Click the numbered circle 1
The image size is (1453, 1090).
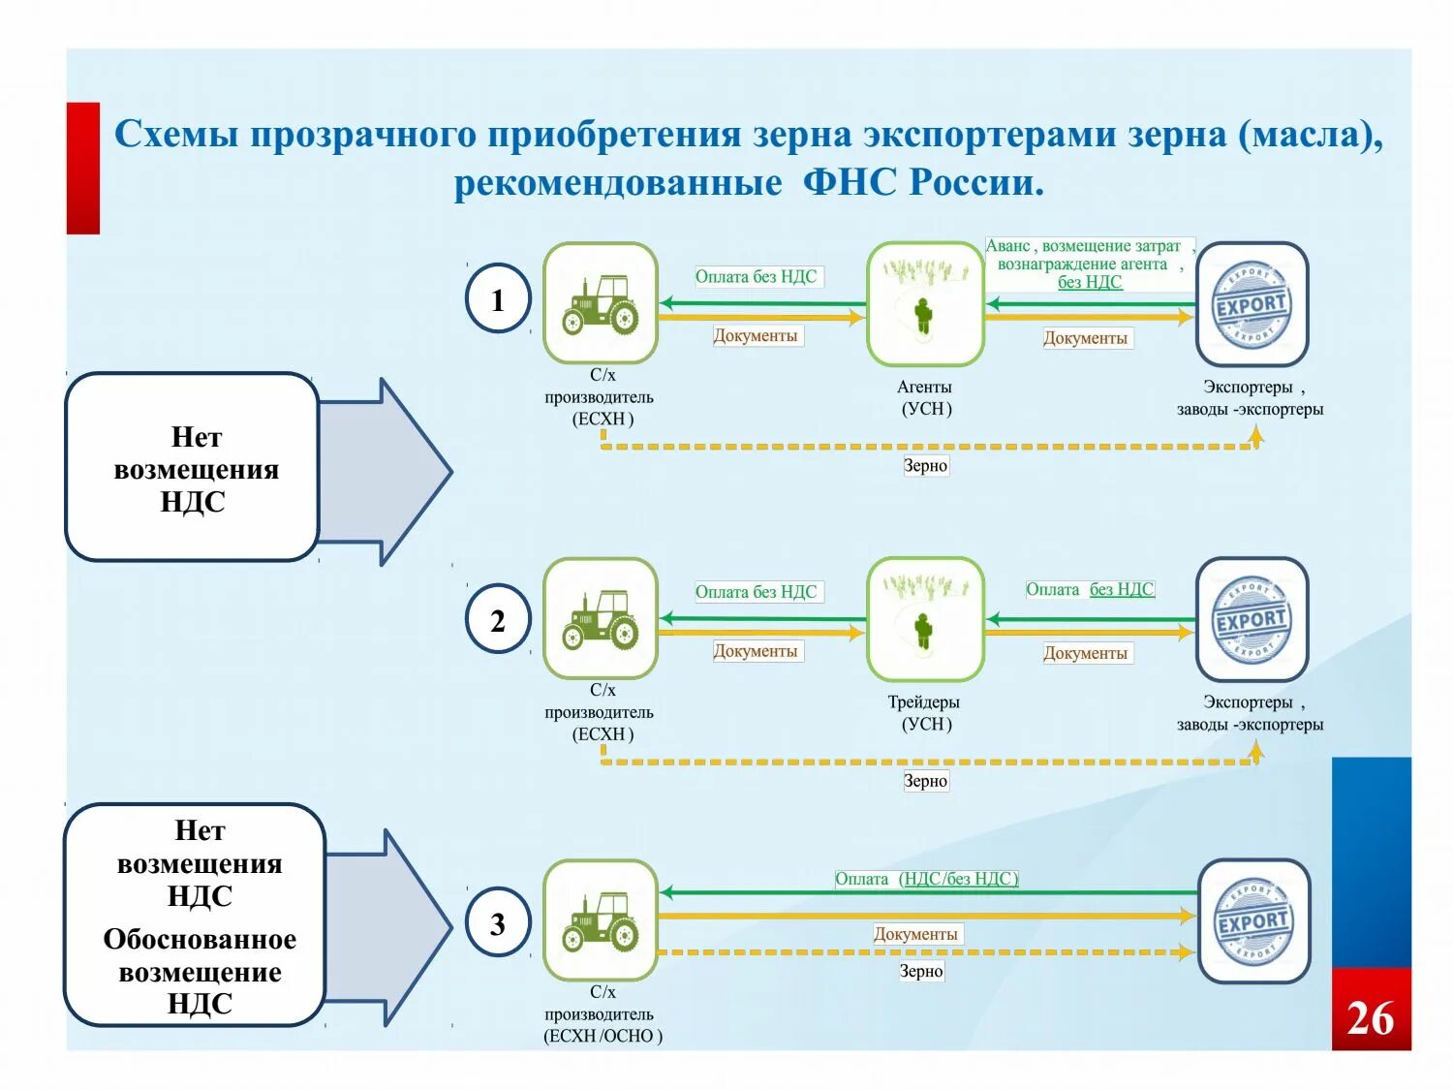(x=498, y=299)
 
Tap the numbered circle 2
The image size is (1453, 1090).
(x=498, y=620)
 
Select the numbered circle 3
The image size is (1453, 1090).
(x=498, y=923)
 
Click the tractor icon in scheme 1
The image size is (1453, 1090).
(x=601, y=303)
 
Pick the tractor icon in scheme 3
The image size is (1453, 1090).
(x=601, y=920)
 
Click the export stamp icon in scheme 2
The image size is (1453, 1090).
(x=1252, y=620)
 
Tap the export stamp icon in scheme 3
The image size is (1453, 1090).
(x=1253, y=921)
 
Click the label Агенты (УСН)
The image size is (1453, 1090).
(x=925, y=398)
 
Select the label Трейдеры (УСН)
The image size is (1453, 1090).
(x=924, y=713)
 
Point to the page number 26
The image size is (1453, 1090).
(x=1370, y=1018)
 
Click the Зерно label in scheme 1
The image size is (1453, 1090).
(x=925, y=466)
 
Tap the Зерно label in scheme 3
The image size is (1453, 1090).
(x=920, y=971)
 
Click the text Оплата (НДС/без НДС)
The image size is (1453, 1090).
(x=926, y=879)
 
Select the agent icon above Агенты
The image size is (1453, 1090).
(x=925, y=303)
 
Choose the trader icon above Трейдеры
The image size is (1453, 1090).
(x=925, y=620)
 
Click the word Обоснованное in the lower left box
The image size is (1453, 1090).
(x=200, y=940)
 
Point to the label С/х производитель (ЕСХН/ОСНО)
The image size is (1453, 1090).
(x=603, y=1013)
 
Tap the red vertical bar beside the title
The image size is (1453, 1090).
(x=83, y=169)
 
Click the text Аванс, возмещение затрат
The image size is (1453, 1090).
(x=1083, y=246)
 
